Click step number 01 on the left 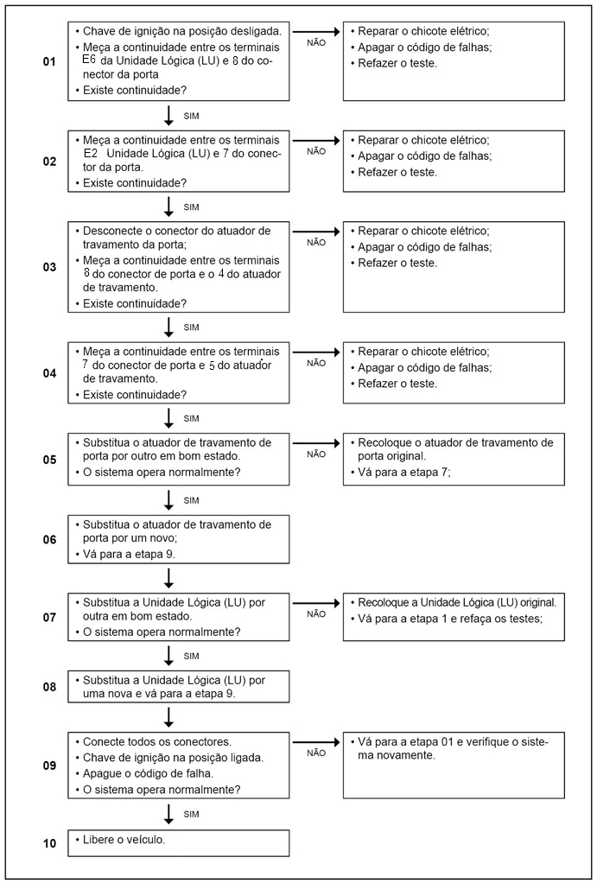point(49,62)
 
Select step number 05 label point(49,460)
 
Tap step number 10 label point(49,842)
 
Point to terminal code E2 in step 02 point(91,152)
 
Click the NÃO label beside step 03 point(316,244)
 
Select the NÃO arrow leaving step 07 point(316,601)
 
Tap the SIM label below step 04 point(192,418)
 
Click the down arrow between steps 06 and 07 point(169,577)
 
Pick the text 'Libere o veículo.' point(128,840)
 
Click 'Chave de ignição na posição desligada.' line point(181,31)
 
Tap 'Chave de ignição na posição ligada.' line point(174,758)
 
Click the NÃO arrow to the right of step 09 point(316,741)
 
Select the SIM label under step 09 point(192,814)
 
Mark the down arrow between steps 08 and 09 point(169,716)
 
